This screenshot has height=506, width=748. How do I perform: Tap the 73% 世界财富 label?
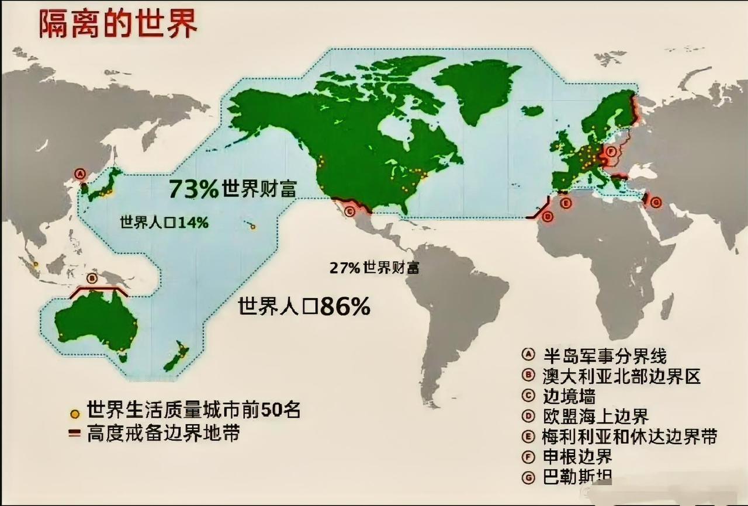233,189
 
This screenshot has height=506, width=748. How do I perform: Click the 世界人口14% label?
164,223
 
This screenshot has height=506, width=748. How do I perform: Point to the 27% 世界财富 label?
375,268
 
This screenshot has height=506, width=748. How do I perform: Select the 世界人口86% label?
304,307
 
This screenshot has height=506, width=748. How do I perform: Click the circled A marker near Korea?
81,173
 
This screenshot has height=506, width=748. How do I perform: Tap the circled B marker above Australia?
91,278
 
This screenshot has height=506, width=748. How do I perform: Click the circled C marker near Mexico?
350,212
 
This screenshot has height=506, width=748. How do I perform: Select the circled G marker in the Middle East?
656,203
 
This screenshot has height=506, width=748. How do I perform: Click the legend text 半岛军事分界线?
604,355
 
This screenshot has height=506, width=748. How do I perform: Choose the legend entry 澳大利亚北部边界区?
621,376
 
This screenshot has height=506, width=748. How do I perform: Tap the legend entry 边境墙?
569,396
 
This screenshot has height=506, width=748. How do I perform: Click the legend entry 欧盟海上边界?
595,416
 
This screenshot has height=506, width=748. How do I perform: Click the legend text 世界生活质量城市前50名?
193,410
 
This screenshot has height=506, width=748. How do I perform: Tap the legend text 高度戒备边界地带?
163,434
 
